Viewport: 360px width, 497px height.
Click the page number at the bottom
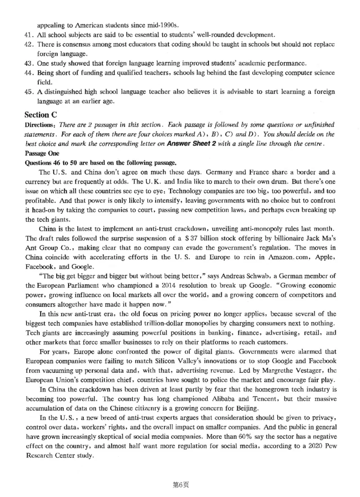point(180,485)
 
